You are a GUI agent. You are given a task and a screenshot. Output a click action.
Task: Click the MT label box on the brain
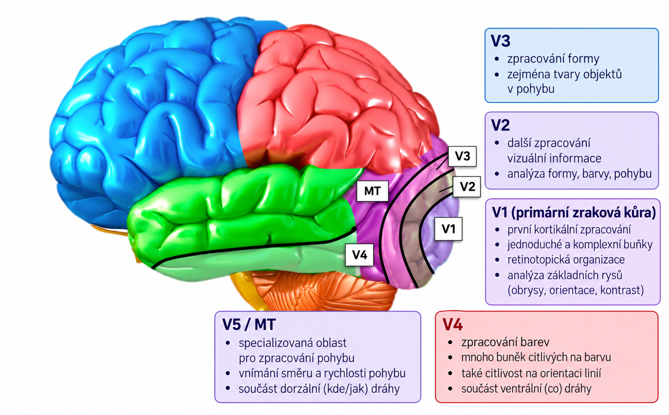(372, 191)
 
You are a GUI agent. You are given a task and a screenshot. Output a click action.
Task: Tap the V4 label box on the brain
(359, 255)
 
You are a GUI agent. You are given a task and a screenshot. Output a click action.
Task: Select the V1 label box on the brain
(448, 229)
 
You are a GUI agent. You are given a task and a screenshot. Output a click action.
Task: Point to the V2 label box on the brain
(467, 187)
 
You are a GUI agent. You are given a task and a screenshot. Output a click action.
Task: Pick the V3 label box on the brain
(462, 156)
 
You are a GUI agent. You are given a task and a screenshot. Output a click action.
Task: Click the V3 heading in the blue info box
(500, 41)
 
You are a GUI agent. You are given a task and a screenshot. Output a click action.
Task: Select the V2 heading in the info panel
(500, 125)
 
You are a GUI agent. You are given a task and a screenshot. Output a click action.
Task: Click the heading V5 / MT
(249, 324)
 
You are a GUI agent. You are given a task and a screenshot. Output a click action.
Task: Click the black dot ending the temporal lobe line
(354, 229)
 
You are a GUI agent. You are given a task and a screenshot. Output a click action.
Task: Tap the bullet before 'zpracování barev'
(450, 342)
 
